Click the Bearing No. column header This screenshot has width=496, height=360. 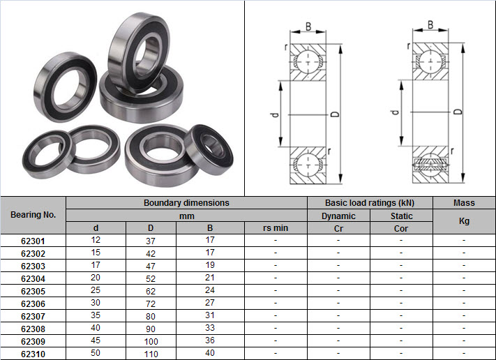click(33, 215)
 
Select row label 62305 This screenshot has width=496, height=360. click(33, 291)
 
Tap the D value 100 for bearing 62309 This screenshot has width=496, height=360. click(151, 342)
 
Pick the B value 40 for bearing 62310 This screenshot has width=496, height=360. click(210, 353)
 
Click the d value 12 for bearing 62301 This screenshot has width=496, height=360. click(96, 240)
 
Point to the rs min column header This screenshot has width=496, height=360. click(276, 227)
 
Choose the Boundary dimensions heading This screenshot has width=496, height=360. click(186, 203)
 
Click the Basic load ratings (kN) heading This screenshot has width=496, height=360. click(370, 203)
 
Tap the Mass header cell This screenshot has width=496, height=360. click(464, 203)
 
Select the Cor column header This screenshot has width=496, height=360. click(401, 228)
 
